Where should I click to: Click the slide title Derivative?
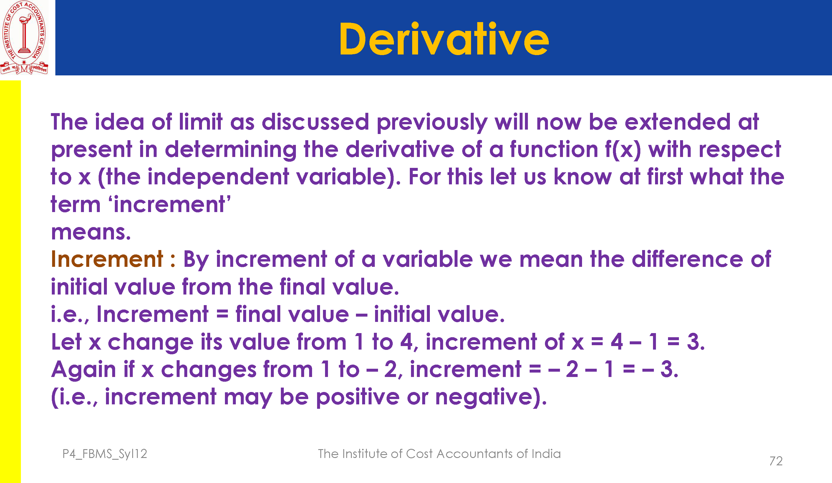[444, 39]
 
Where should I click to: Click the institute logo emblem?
[24, 37]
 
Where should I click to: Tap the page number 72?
[775, 461]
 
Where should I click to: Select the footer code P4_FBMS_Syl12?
[105, 454]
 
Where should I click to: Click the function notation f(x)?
[623, 150]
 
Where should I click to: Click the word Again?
[83, 369]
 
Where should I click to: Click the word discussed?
[315, 122]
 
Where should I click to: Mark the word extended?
[677, 122]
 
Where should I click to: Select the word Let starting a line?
[66, 342]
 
